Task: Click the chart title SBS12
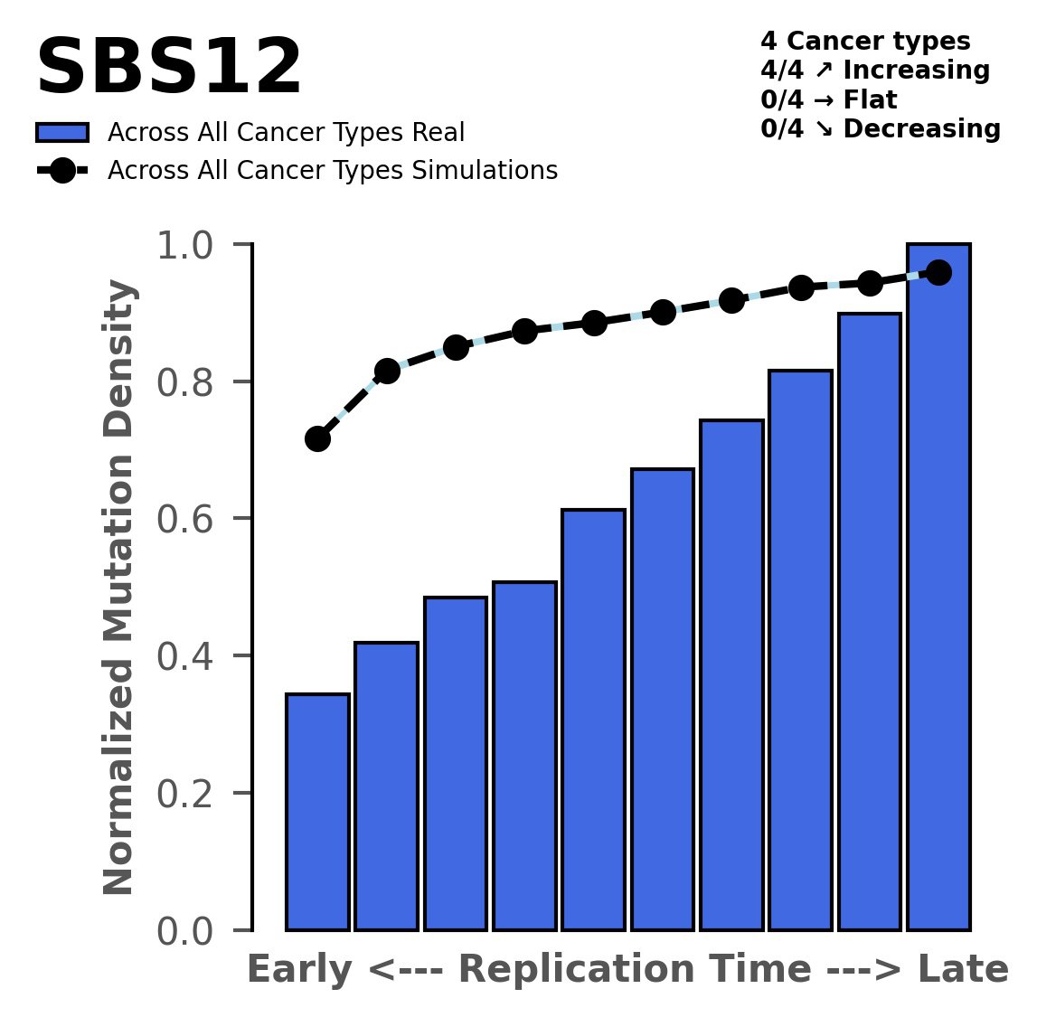pos(168,69)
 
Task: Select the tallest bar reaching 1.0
pos(938,588)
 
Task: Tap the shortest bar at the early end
pos(317,812)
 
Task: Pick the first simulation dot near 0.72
pos(317,438)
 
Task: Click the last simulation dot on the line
pos(938,272)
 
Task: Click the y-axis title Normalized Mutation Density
pos(119,588)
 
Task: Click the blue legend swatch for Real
pos(62,133)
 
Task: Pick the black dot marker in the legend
pos(62,171)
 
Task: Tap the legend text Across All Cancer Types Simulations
pos(332,171)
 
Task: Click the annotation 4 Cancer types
pos(865,42)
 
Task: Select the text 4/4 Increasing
pos(875,71)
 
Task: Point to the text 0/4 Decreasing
pos(881,129)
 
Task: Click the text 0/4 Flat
pos(829,99)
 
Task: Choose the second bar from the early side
pos(386,786)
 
